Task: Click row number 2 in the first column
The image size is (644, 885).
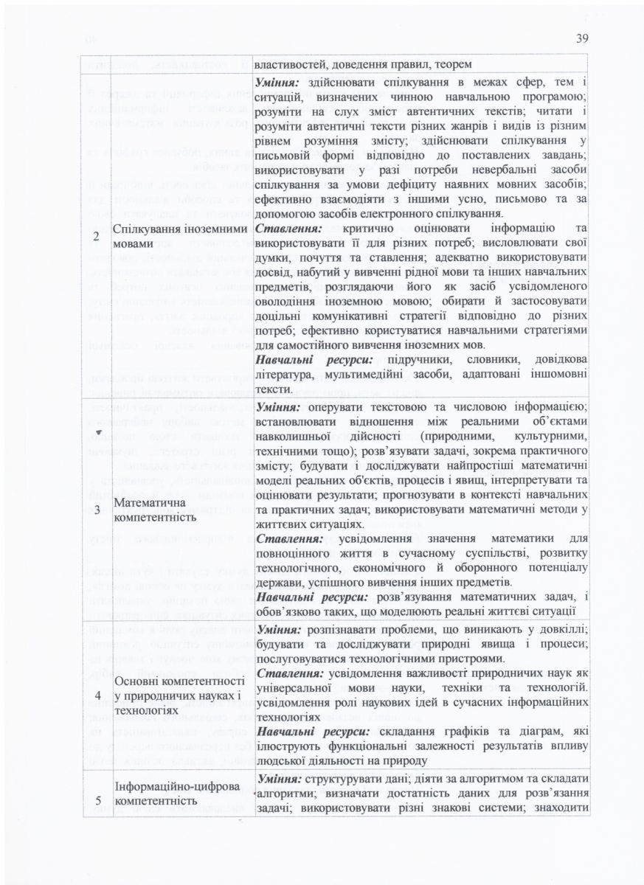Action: click(96, 236)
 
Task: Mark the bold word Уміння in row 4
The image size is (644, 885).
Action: click(277, 629)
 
